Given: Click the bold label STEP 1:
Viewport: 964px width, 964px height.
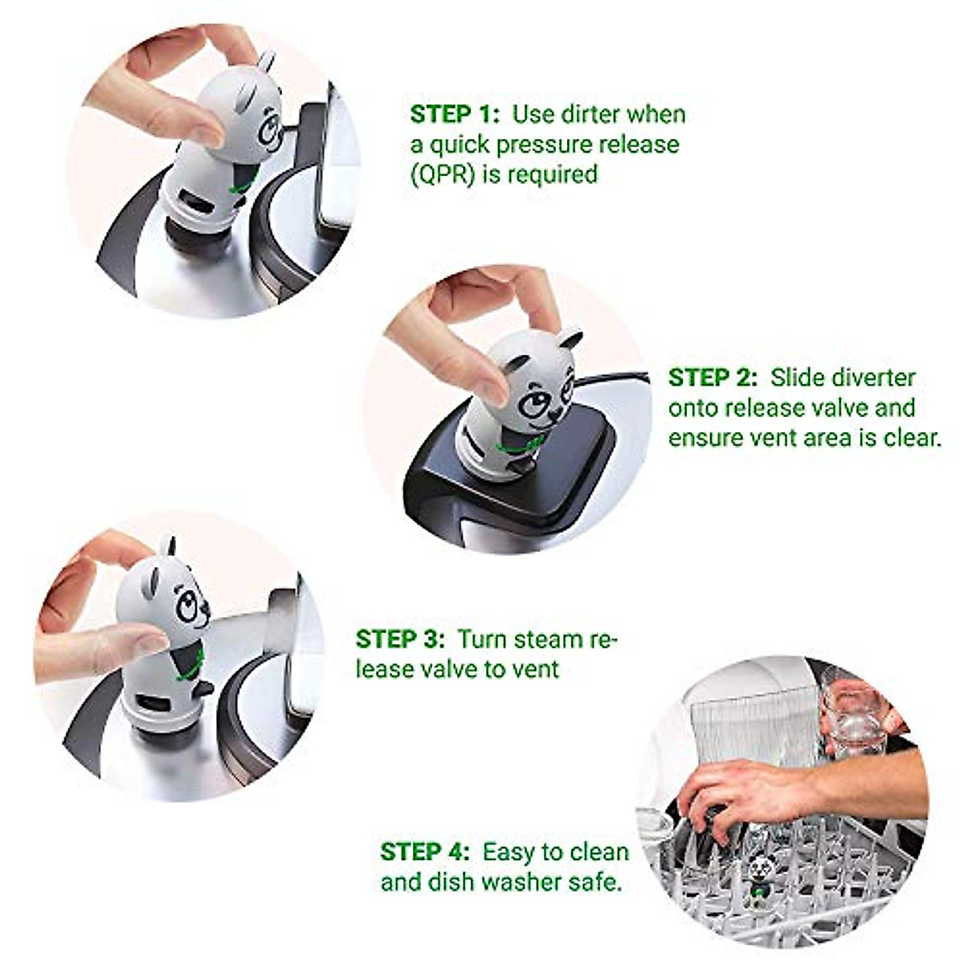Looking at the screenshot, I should click(455, 114).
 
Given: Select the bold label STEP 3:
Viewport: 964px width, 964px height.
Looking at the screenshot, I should click(400, 639).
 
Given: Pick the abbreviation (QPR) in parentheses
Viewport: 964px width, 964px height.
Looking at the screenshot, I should click(442, 174).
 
